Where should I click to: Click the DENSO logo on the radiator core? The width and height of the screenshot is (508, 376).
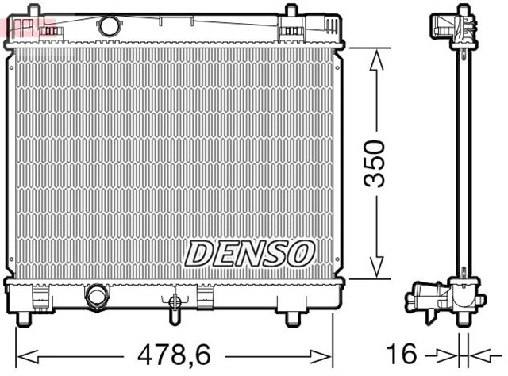(250, 253)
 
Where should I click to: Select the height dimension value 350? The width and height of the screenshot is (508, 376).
(372, 163)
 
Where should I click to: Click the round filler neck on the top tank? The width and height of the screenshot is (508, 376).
(108, 25)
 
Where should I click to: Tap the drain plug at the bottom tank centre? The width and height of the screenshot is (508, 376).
(171, 302)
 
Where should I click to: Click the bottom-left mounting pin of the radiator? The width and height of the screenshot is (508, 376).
(24, 317)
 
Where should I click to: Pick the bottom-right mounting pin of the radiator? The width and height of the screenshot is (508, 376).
(291, 317)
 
